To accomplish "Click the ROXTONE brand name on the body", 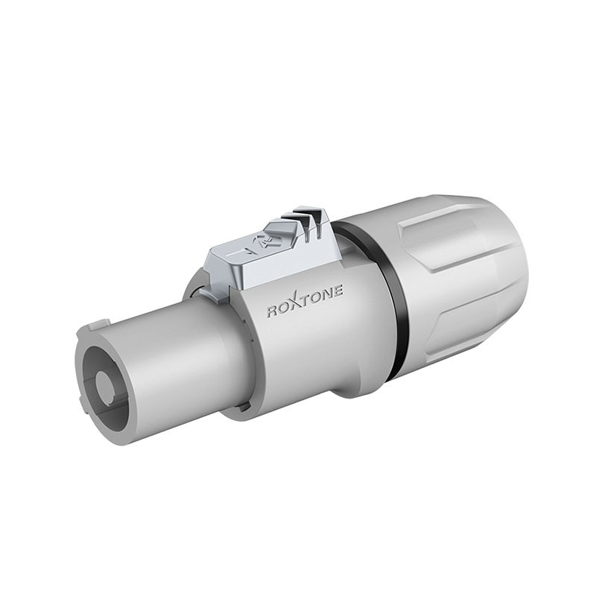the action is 305,302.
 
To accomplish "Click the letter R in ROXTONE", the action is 273,311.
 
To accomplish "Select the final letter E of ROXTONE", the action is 338,290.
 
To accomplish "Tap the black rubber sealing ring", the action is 384,289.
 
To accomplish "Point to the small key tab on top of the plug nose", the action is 98,326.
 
